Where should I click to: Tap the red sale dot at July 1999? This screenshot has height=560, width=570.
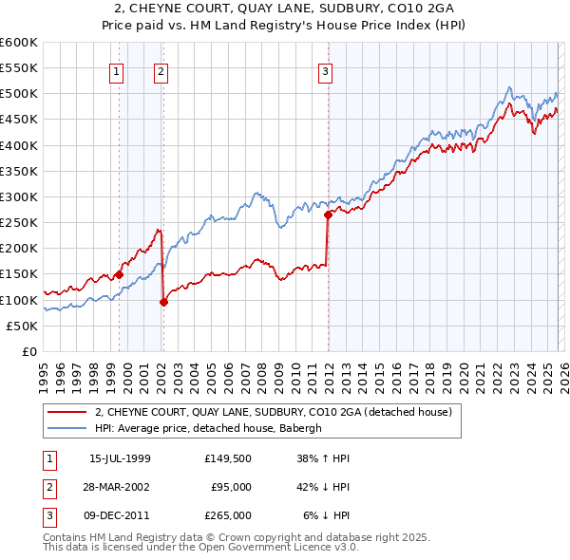(x=120, y=274)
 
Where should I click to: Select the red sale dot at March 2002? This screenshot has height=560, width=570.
(x=164, y=303)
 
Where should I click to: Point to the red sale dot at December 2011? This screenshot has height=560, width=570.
(x=328, y=215)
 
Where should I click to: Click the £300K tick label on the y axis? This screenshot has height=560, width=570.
(x=18, y=196)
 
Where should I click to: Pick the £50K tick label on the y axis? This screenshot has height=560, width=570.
(x=22, y=326)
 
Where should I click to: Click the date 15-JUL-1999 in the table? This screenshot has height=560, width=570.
(x=120, y=458)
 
